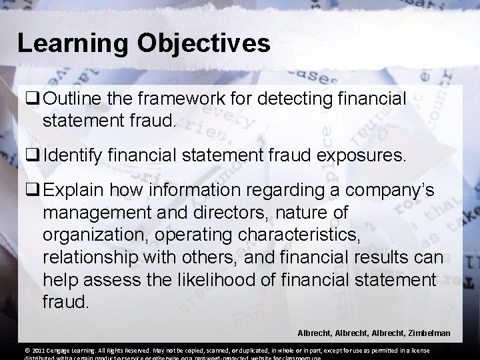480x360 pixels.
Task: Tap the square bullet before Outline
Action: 31,100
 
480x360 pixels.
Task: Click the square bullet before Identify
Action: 31,157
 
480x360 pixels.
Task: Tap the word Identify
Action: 71,157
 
